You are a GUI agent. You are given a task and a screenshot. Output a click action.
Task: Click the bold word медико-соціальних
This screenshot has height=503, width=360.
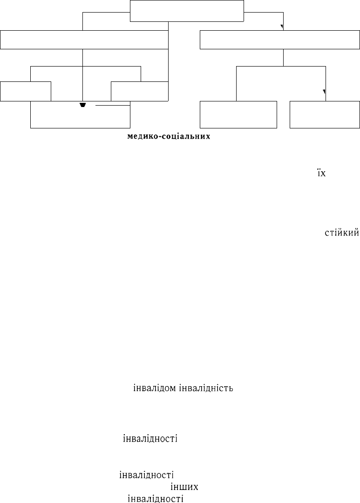pos(169,136)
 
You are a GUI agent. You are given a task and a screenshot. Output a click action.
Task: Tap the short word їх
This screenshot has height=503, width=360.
pos(321,173)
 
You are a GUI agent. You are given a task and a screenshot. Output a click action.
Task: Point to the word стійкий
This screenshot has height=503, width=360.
pos(342,233)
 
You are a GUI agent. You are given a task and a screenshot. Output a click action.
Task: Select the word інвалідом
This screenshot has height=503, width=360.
pos(155,388)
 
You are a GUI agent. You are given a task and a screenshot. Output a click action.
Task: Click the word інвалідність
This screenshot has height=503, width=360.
pos(206,388)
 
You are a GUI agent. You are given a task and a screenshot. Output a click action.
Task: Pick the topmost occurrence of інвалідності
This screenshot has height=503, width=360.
pos(150,438)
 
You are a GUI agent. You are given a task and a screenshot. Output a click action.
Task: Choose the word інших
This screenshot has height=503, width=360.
pos(184,487)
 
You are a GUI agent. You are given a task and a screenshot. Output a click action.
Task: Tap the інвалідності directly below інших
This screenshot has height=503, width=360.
pos(156,499)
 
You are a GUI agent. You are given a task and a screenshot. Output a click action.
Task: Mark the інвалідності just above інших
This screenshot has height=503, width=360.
pos(146,475)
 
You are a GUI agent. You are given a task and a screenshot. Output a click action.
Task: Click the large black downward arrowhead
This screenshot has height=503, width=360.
pos(82,105)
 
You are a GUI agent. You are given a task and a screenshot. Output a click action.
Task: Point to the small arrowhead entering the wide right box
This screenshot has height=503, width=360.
pos(282,27)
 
